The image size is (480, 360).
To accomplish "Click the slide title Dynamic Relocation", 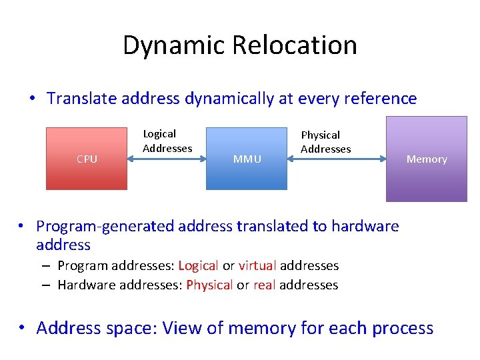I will [240, 45].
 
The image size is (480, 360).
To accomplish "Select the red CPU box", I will [86, 159].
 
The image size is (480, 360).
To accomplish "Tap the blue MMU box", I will [246, 159].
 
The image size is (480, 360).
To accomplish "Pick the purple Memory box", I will [427, 159].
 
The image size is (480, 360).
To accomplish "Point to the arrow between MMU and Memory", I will [336, 159].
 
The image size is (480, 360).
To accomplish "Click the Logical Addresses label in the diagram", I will [167, 141].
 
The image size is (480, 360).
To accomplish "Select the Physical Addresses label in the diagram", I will [325, 142].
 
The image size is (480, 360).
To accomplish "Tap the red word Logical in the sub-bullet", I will [198, 266].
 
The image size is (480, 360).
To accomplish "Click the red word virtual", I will [257, 266].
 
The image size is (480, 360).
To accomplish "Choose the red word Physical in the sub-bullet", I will [209, 285].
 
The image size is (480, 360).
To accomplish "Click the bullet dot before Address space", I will [23, 328].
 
